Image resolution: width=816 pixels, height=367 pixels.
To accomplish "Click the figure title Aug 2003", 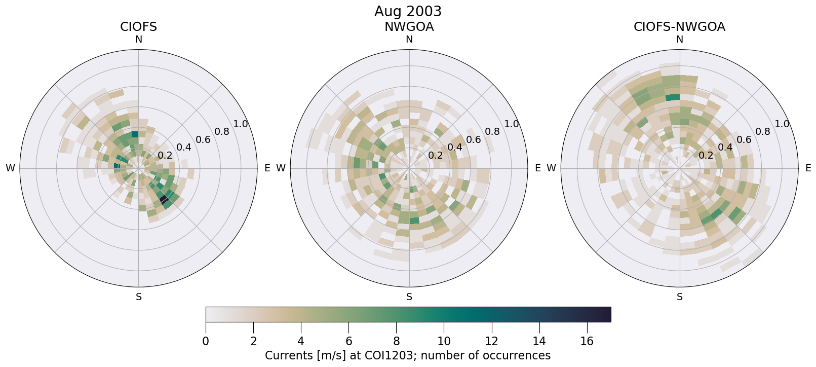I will point(408,11).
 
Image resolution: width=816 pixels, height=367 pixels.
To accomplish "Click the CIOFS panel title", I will point(138,27).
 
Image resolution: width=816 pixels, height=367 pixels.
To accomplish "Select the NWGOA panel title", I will point(409,27).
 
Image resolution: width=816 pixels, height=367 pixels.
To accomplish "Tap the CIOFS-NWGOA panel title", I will point(679,27).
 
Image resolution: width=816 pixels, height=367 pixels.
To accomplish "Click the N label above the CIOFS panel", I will point(138,40).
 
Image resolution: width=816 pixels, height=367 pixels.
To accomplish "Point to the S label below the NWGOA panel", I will point(409,297).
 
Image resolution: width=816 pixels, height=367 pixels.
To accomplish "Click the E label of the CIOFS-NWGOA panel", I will point(808,168).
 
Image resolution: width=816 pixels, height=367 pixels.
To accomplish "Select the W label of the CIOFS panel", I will point(10,168).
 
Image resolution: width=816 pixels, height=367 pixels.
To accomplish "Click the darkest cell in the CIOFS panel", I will point(164,199).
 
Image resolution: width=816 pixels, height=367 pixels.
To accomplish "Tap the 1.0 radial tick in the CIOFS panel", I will point(241,124).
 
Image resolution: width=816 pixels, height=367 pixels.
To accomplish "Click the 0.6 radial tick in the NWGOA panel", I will point(473,140).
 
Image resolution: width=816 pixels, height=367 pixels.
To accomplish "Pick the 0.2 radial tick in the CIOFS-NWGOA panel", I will point(706,155).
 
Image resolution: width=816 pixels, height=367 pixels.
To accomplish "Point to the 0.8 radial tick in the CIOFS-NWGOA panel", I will point(763,132).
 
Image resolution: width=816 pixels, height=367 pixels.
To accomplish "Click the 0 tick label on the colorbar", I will point(206,342).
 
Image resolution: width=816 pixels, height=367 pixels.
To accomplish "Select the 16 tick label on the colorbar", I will point(587,342).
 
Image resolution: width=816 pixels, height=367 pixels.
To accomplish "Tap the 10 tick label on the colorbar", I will point(444,342).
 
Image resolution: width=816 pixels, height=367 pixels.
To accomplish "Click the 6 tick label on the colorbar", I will point(348,342).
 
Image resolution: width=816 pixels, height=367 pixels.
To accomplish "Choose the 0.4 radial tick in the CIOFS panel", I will point(184,148).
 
